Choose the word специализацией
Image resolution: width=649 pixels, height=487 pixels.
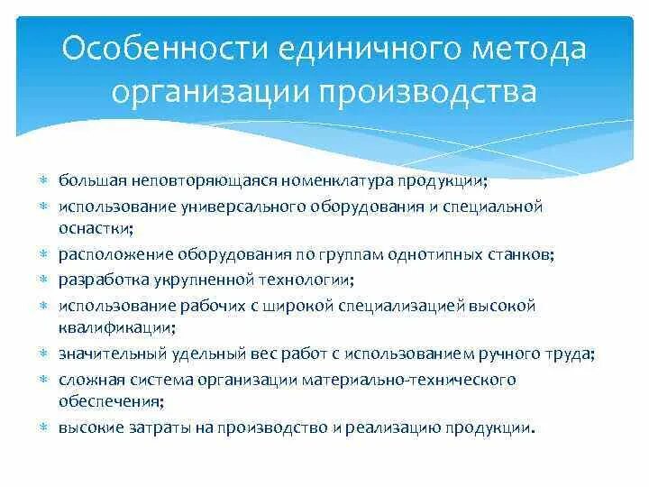[389, 306]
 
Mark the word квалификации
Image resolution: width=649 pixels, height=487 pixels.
[116, 328]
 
